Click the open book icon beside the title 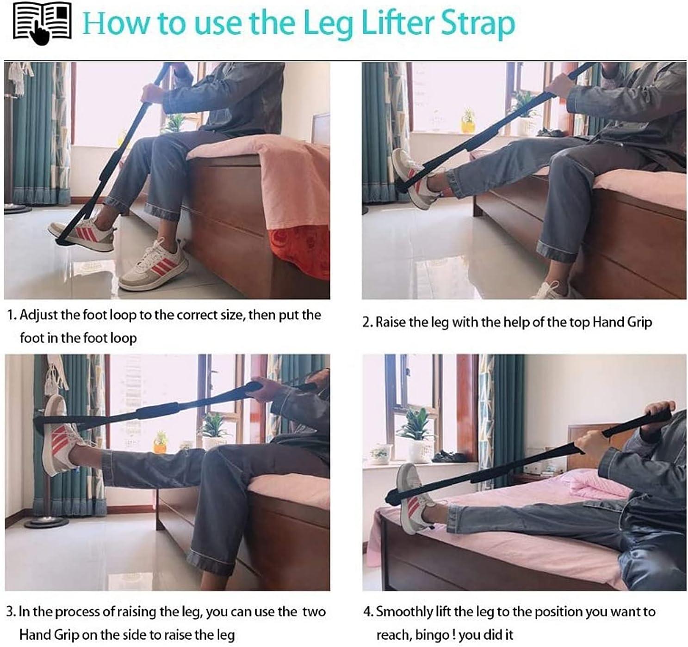point(42,23)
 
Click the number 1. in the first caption point(12,316)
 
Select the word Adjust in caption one point(38,316)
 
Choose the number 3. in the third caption point(11,612)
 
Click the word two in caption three point(314,612)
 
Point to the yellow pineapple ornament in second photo point(468,121)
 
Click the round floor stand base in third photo point(46,523)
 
